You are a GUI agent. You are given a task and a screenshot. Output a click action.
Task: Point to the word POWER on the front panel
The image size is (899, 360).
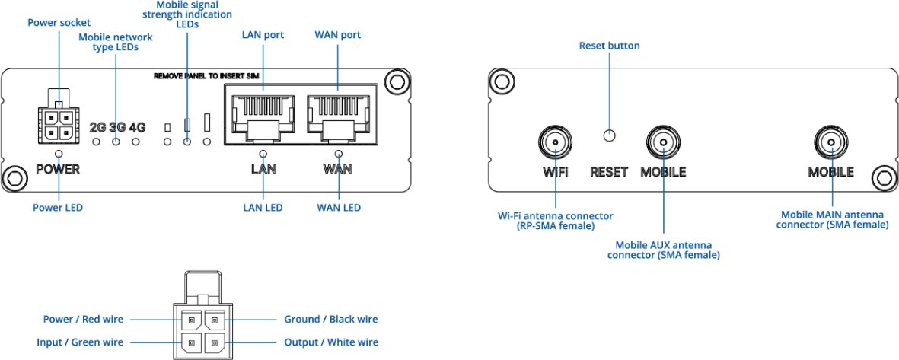(57, 169)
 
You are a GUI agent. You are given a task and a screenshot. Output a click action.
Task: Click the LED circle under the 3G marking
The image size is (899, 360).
(116, 142)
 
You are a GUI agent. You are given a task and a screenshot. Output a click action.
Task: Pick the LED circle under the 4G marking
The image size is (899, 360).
(136, 142)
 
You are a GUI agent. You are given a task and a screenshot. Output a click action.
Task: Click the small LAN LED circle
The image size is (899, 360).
(263, 153)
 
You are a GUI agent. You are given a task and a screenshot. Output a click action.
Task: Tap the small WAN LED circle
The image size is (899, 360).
(337, 153)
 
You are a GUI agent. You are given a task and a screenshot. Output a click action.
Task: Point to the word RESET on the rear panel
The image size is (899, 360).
(609, 172)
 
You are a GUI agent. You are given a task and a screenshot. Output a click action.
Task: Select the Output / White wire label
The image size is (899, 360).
(330, 342)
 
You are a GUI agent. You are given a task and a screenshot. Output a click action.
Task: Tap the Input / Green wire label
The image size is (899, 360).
(80, 342)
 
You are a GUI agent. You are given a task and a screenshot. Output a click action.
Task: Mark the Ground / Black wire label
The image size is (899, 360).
(330, 320)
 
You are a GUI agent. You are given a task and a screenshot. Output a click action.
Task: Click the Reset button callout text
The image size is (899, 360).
(609, 46)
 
